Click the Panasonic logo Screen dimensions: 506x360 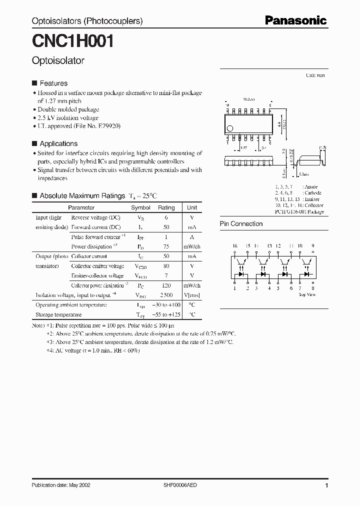click(295, 20)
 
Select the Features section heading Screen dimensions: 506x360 click(53, 83)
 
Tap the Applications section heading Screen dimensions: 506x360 click(58, 143)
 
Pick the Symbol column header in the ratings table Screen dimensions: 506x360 click(140, 207)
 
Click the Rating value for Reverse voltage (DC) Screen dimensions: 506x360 click(166, 217)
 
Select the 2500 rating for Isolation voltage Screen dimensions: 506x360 click(166, 295)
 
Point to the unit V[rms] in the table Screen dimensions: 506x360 click(192, 295)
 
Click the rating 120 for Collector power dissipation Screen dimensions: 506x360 click(166, 285)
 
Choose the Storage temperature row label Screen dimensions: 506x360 click(58, 314)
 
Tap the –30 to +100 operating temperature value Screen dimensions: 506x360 click(166, 305)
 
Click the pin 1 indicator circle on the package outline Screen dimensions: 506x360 click(230, 128)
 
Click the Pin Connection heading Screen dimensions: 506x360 click(241, 224)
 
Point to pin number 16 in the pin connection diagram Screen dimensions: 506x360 click(234, 246)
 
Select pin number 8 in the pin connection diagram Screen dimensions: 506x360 click(312, 288)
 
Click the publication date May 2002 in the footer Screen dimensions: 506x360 click(61, 485)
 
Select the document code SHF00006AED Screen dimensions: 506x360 click(180, 485)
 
